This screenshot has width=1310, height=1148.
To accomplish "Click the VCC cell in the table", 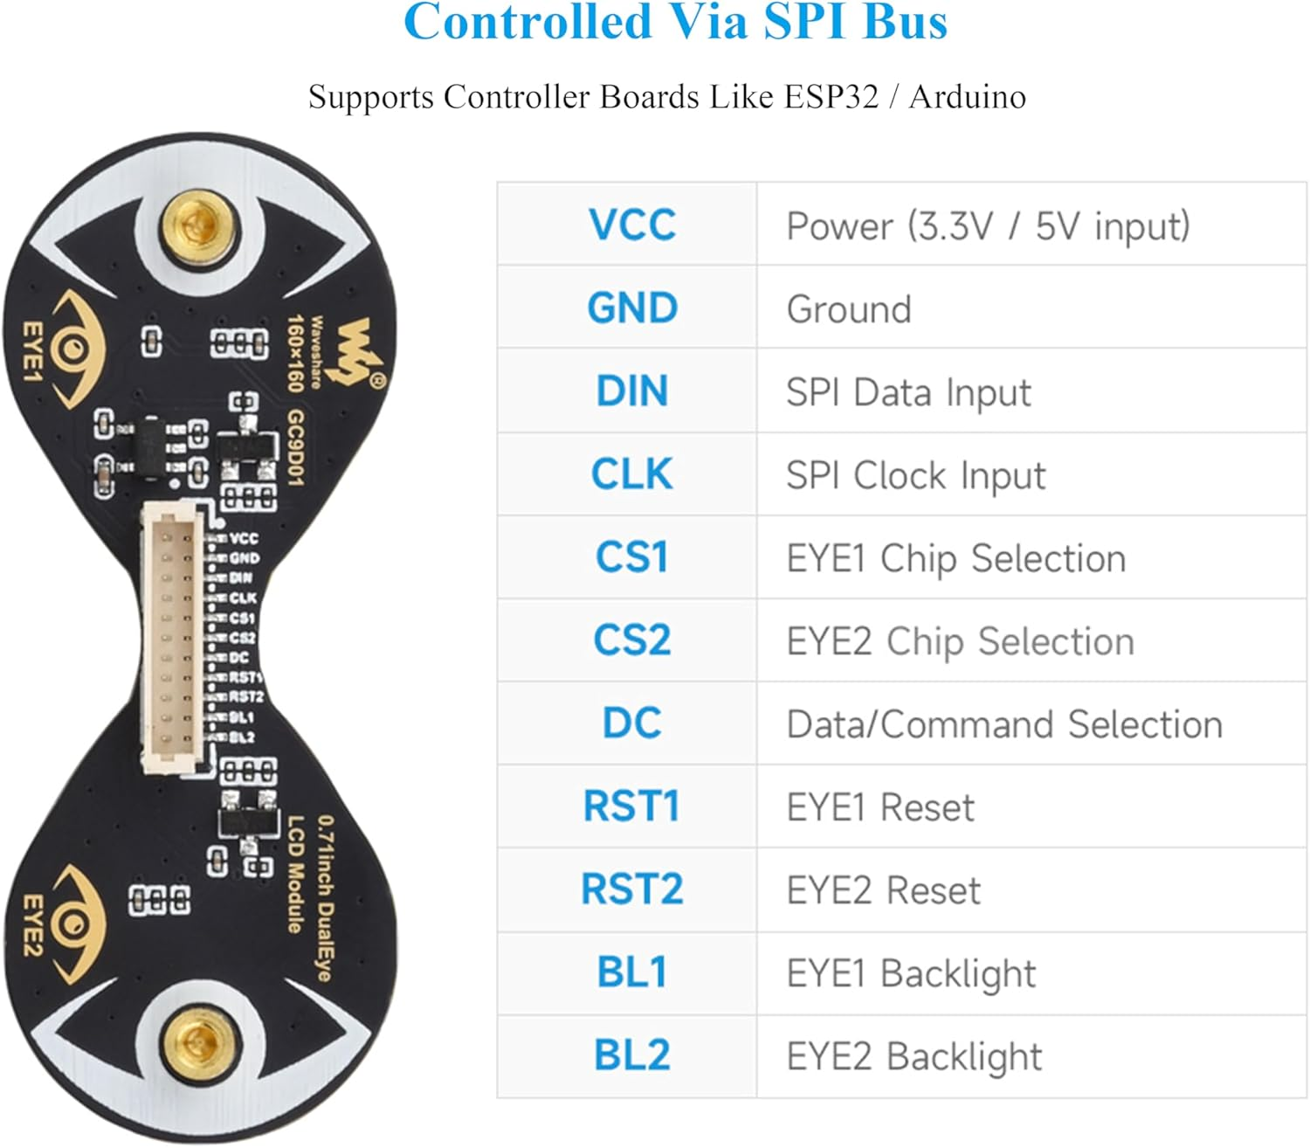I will [631, 225].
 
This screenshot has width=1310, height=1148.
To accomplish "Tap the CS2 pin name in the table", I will [631, 640].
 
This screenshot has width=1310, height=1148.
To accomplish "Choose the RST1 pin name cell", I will [631, 806].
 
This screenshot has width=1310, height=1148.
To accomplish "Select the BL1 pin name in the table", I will [631, 972].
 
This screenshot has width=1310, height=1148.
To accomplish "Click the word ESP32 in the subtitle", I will [831, 97].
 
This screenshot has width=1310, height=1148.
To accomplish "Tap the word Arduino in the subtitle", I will [967, 97].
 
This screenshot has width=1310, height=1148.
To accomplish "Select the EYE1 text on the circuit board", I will [32, 352].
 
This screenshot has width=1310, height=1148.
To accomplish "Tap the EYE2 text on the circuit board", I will [32, 925].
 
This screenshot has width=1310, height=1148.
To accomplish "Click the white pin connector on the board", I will [173, 640].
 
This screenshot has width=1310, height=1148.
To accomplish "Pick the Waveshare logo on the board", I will [361, 351].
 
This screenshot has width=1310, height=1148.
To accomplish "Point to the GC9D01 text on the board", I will [295, 447].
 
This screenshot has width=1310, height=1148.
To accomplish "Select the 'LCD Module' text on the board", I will [296, 874].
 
